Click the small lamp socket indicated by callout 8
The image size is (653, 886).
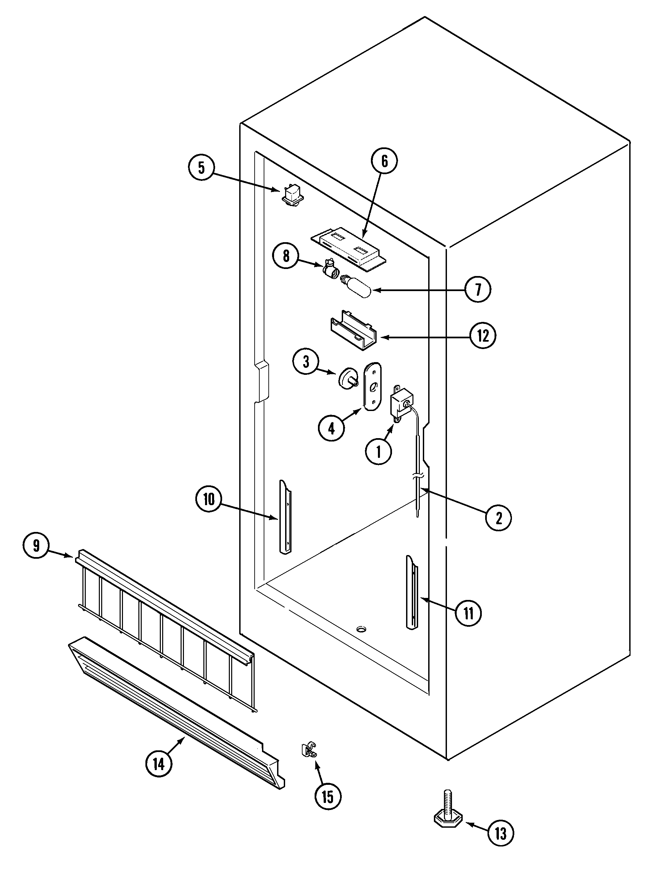(x=329, y=268)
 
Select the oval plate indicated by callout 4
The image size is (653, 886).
(x=373, y=387)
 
